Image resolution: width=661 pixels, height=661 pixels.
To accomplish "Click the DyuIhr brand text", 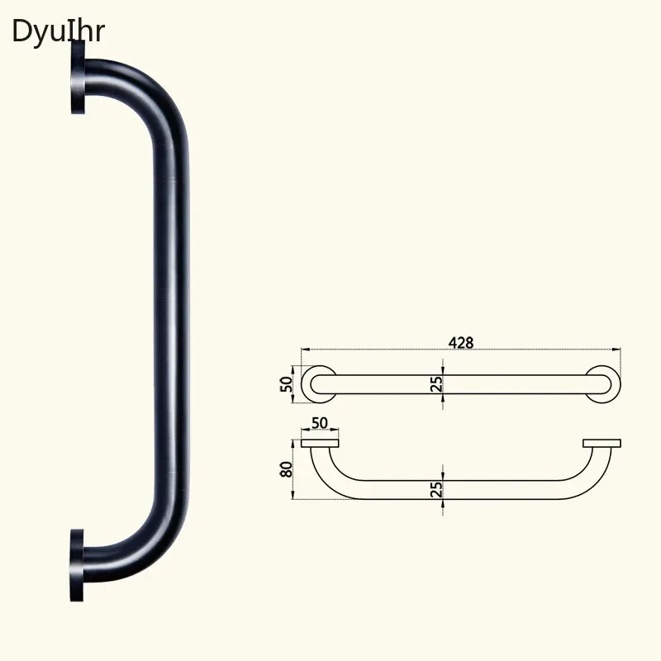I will (58, 31).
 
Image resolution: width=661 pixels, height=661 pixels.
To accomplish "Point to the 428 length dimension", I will (461, 342).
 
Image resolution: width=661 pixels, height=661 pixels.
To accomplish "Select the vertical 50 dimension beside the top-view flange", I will (287, 383).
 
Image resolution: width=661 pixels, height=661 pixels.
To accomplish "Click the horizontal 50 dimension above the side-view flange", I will (319, 423).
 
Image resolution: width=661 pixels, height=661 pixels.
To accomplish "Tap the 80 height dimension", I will (287, 469).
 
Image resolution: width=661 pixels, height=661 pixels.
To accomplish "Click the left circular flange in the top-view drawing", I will (317, 383).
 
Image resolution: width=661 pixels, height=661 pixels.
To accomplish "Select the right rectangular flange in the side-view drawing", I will (602, 444).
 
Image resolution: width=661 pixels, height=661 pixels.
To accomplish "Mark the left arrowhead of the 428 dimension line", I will (304, 350).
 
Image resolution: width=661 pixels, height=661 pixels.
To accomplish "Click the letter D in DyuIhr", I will (20, 31).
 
